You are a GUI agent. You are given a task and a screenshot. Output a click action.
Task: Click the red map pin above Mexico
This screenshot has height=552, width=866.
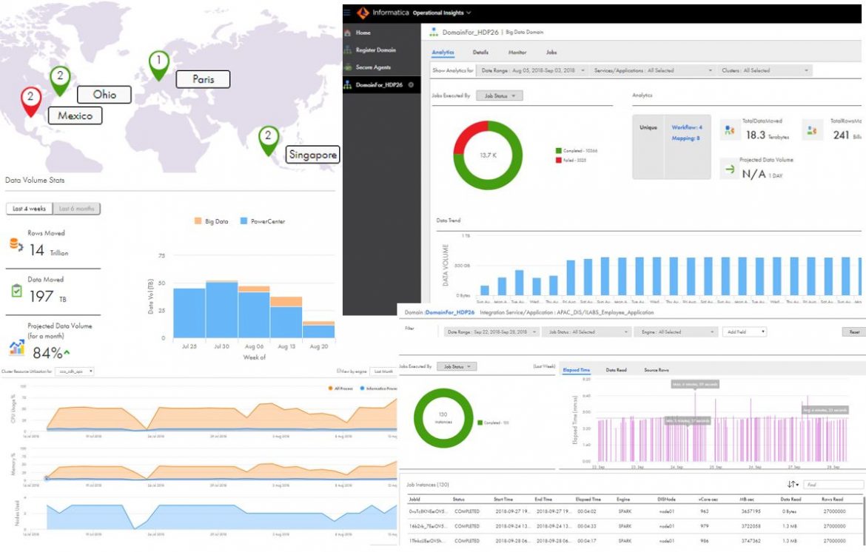coord(30,101)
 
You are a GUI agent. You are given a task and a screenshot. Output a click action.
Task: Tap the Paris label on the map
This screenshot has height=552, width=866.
coord(203,79)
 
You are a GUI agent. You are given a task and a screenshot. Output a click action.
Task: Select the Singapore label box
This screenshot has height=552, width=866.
coord(312,155)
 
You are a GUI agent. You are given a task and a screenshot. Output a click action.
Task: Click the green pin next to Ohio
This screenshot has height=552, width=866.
coord(60,78)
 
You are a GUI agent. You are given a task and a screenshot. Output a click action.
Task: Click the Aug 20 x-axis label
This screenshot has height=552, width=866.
coord(319,346)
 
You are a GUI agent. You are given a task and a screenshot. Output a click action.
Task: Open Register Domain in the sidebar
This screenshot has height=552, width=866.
coord(375,50)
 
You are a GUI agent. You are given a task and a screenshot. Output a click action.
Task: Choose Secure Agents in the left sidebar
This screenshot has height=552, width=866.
coord(372,67)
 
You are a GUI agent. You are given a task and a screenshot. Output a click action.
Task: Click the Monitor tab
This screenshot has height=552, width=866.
coord(517,53)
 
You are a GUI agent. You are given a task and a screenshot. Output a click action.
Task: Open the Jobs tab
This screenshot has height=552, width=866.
coord(551,53)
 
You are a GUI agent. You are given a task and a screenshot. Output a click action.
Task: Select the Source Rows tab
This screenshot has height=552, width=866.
coord(657,369)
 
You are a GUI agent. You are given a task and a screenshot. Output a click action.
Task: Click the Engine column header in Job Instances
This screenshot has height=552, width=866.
coord(623,499)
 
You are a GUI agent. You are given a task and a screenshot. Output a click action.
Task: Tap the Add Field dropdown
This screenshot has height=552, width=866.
coord(744,332)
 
